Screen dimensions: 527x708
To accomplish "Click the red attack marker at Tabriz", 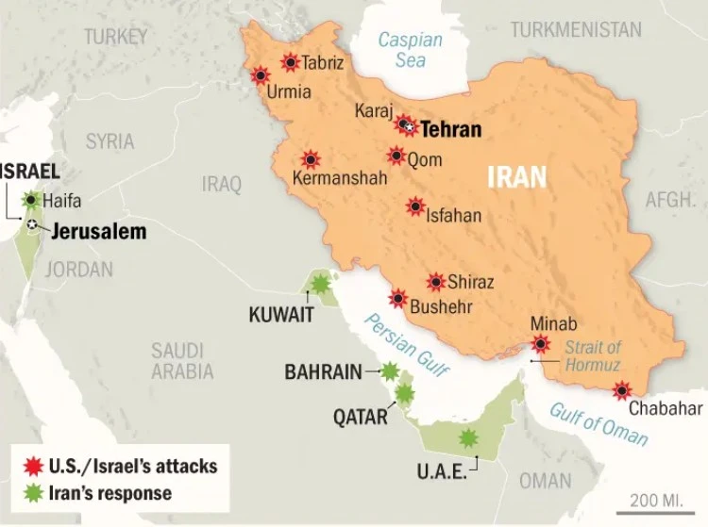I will (290, 63).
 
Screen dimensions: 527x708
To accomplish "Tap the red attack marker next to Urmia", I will (260, 75).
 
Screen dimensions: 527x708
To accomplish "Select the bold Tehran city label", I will (450, 130).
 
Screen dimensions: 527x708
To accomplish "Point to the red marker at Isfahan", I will (415, 206).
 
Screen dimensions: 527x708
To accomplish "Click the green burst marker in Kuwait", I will (321, 283).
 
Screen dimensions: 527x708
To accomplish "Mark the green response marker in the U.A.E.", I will (467, 438).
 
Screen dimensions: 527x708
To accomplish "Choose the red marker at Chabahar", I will (622, 390).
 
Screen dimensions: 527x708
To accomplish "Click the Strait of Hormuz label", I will (592, 356).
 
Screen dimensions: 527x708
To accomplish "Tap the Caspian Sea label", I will (410, 50).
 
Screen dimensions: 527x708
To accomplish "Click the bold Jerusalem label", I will (99, 230).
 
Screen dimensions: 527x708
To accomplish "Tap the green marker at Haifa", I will (33, 200).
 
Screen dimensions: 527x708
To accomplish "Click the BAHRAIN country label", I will (324, 371).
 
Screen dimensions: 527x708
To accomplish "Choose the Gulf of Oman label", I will (599, 423).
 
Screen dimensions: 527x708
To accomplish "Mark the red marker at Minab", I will (540, 344).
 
